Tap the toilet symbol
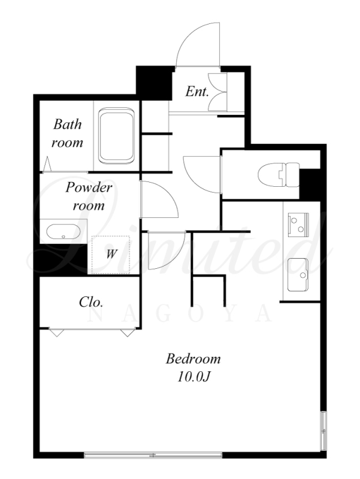pos(279,175)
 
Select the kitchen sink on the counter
pos(298,275)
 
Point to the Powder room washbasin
pos(63,232)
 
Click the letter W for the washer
pos(111,253)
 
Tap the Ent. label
pos(197,92)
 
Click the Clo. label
pos(91,302)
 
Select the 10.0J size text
pos(193,377)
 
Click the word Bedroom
pos(193,359)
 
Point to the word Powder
pos(89,187)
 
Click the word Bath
pos(68,125)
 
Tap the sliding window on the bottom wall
pos(153,455)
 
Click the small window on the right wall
pos(323,431)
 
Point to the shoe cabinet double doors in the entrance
pos(217,92)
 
